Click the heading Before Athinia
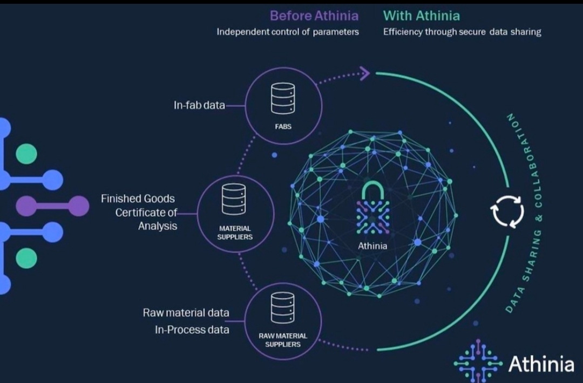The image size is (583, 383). click(314, 16)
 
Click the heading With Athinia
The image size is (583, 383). click(421, 16)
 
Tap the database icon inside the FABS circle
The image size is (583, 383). click(283, 98)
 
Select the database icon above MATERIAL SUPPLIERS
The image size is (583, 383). click(234, 200)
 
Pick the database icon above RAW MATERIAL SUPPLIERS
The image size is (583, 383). click(283, 308)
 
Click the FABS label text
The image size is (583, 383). click(283, 127)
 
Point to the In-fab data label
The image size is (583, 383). click(199, 105)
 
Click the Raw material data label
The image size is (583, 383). click(186, 313)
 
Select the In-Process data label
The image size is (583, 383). click(192, 330)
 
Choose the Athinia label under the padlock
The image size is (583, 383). click(372, 246)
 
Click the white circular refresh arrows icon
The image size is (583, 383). click(507, 211)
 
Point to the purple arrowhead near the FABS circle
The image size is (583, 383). click(365, 73)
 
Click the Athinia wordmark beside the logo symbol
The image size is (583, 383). click(541, 364)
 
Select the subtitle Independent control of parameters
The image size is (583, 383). click(288, 32)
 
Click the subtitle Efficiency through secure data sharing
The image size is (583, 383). click(462, 32)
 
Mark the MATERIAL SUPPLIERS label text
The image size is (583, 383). click(235, 233)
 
